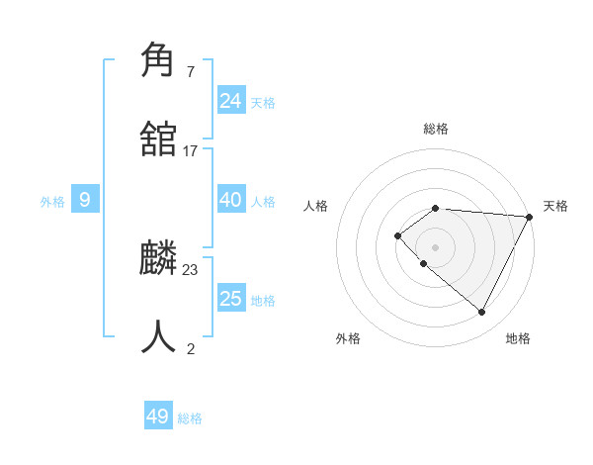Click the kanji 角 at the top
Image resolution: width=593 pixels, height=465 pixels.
[159, 60]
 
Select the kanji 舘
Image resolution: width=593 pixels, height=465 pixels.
[159, 139]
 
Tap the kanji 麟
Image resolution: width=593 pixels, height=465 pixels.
[159, 257]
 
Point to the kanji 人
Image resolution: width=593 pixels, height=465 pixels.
[159, 336]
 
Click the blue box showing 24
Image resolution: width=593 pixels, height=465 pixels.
[231, 100]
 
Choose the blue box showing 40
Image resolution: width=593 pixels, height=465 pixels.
[231, 200]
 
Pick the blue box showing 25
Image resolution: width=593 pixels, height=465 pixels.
[231, 299]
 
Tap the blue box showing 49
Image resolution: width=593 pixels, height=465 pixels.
[158, 417]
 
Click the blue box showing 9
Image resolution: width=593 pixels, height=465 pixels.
[85, 200]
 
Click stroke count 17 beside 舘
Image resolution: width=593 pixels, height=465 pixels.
[191, 151]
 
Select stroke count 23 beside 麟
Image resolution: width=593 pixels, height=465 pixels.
[191, 269]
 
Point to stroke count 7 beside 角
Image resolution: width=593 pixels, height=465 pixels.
[191, 72]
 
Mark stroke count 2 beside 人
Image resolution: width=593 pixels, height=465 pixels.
[191, 348]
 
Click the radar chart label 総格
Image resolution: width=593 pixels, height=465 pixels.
[436, 129]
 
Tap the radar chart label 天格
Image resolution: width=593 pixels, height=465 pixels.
[555, 206]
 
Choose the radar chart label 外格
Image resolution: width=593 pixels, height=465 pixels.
[348, 338]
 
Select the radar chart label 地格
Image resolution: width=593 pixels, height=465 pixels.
[518, 338]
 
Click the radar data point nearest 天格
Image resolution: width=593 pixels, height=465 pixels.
[530, 216]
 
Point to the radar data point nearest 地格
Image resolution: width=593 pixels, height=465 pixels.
[482, 313]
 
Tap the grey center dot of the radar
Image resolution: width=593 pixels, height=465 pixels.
[436, 246]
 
